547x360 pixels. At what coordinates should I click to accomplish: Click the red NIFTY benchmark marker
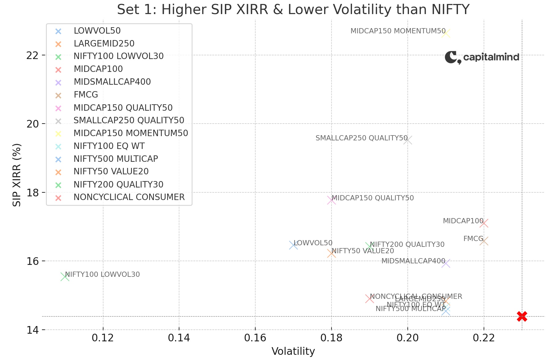point(522,317)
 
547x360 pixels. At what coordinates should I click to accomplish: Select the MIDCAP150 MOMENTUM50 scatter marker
point(446,33)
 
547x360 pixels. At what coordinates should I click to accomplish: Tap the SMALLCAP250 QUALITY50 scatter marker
point(408,140)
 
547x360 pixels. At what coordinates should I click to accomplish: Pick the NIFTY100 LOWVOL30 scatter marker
point(65,277)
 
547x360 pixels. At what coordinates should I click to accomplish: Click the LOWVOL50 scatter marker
point(293,245)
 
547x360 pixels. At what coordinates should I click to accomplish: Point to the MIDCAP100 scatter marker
point(484,223)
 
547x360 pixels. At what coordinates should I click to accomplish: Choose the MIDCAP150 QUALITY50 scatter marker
point(332,200)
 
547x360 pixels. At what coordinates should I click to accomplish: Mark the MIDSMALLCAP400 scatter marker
point(446,263)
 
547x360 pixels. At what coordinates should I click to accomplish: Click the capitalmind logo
point(482,57)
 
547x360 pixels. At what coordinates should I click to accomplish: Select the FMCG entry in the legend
point(86,95)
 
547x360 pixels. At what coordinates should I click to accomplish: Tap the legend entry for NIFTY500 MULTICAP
point(116,159)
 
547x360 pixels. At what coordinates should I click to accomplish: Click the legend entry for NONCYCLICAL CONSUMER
point(129,197)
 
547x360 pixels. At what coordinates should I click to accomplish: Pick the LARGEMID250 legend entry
point(104,44)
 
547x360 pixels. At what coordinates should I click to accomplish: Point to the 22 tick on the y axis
point(34,55)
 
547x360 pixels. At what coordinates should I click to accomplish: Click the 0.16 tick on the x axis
point(255,338)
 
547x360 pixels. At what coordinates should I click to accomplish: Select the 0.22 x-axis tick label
point(484,338)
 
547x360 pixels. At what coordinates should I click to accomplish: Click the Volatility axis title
point(293,351)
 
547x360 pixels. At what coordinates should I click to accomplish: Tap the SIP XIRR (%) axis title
point(17,175)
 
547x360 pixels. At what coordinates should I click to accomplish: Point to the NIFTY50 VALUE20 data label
point(363,251)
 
